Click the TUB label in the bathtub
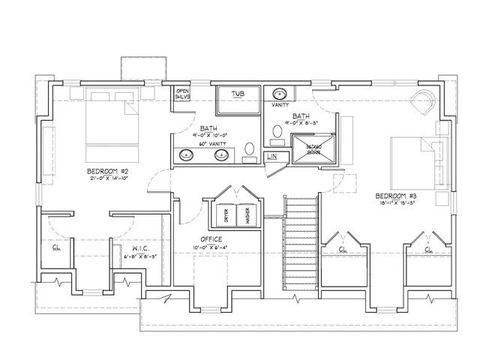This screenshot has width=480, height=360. click(238, 94)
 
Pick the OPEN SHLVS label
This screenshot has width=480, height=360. click(182, 94)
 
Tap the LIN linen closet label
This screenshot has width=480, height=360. click(271, 157)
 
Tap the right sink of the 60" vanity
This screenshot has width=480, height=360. click(222, 155)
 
